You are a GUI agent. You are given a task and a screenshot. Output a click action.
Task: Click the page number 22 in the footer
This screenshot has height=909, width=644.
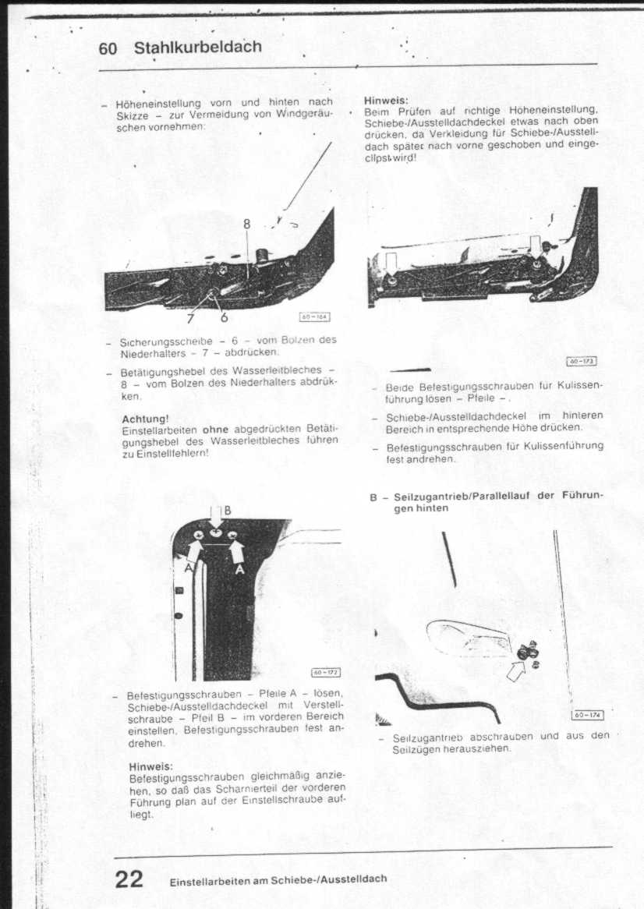pyautogui.click(x=129, y=879)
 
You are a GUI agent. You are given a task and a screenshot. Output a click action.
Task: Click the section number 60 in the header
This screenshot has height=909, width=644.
pyautogui.click(x=108, y=48)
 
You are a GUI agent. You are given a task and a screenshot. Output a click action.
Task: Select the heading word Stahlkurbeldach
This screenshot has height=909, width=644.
pyautogui.click(x=198, y=48)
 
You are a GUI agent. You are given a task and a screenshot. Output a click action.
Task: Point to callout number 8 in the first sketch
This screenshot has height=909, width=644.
pyautogui.click(x=246, y=224)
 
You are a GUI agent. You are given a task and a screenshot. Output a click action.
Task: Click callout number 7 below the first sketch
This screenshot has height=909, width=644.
pyautogui.click(x=190, y=317)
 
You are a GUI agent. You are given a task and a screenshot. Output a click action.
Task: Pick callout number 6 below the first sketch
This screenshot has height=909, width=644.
pyautogui.click(x=223, y=317)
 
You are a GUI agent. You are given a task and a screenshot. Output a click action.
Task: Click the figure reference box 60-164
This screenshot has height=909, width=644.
pyautogui.click(x=315, y=317)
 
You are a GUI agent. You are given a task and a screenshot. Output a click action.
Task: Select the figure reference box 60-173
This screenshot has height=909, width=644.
pyautogui.click(x=582, y=361)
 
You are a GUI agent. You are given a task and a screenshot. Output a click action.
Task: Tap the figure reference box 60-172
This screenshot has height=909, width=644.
pyautogui.click(x=325, y=673)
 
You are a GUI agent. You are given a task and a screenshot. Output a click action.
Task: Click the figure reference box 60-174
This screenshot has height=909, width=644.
pyautogui.click(x=587, y=714)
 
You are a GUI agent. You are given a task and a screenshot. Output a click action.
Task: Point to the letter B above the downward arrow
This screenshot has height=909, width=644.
pyautogui.click(x=227, y=510)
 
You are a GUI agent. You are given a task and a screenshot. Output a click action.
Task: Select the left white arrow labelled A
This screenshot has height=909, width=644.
pyautogui.click(x=194, y=551)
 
